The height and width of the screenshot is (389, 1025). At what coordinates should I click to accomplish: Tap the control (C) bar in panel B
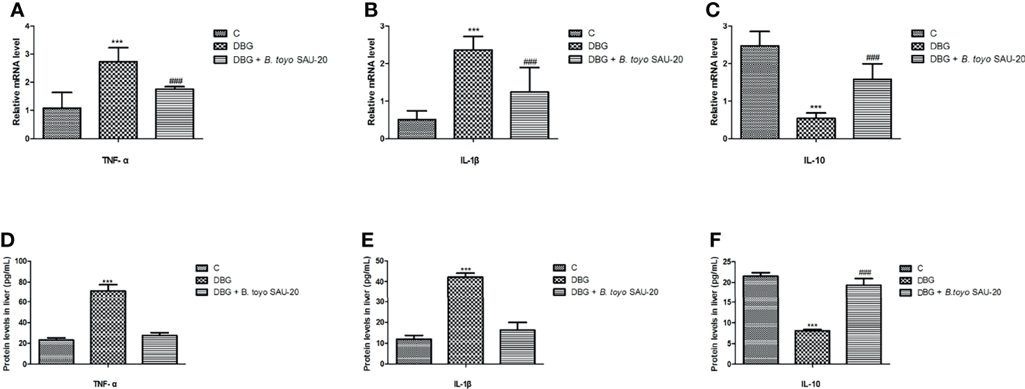[x=416, y=129]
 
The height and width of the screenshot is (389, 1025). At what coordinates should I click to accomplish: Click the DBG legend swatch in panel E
[x=561, y=279]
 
